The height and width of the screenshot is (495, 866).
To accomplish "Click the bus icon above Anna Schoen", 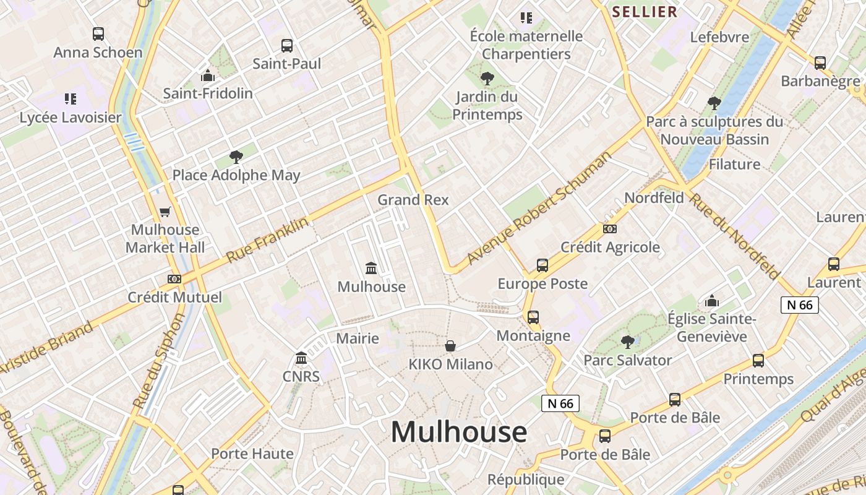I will [x=98, y=34].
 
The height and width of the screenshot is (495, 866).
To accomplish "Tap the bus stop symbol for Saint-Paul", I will [x=287, y=45].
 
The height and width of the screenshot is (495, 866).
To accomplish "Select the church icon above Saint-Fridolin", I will [x=208, y=76].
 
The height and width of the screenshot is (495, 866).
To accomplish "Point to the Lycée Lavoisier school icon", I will [x=71, y=99].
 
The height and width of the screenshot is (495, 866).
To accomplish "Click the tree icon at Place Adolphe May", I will [x=236, y=157].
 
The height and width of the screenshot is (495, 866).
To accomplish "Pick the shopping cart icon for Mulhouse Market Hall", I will [x=165, y=212].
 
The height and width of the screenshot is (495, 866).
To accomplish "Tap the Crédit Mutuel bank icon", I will [x=174, y=279].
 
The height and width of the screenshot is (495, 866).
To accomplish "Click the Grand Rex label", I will [x=413, y=200].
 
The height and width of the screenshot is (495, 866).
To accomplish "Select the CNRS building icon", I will [x=301, y=358].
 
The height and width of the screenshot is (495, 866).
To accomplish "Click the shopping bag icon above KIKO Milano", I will [x=450, y=346].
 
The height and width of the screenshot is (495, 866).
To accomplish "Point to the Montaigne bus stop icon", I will [x=533, y=317].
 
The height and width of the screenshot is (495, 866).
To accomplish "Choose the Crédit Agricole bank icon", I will [x=610, y=229].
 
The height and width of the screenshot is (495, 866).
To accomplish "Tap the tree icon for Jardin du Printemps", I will [x=487, y=79].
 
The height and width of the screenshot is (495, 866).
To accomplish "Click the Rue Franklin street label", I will [x=267, y=240].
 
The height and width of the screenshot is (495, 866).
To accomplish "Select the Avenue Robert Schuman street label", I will [x=539, y=207].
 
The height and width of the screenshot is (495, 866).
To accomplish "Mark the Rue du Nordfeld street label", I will [x=734, y=236].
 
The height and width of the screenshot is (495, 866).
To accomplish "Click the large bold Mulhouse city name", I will [x=459, y=432].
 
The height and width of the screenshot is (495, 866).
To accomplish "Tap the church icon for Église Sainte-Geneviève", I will [x=712, y=301].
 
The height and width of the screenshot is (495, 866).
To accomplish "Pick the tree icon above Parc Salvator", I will [x=628, y=342].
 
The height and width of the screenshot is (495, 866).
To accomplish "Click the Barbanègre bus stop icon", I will [x=820, y=62].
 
